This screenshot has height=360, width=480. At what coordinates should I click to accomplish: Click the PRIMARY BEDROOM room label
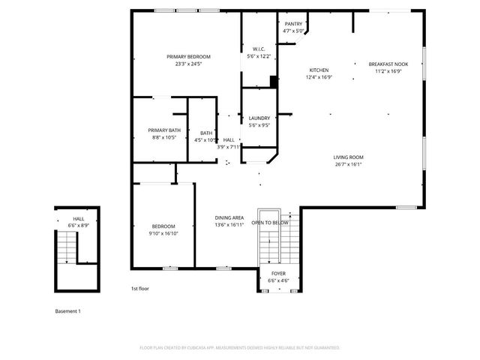[188, 57]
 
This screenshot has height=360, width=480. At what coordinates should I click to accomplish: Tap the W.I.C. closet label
[258, 49]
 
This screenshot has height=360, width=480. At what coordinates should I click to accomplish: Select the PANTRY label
[293, 24]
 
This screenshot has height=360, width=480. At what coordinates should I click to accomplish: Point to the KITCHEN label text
[319, 70]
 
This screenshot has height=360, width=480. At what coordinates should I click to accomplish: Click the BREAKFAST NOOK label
[388, 64]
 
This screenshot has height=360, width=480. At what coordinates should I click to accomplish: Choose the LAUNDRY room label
[259, 118]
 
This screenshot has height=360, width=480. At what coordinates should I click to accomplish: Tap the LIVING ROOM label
[349, 157]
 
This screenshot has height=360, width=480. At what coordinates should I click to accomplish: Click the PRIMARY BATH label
[163, 130]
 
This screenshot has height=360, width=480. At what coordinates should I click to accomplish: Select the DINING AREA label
[229, 217]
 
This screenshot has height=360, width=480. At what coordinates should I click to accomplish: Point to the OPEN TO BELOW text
[270, 223]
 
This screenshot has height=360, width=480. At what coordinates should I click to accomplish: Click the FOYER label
[278, 274]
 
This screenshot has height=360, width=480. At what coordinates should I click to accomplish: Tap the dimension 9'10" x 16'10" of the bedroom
[163, 233]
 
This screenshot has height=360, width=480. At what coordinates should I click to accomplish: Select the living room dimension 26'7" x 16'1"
[349, 164]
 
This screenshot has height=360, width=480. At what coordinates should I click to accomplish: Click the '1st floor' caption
[140, 288]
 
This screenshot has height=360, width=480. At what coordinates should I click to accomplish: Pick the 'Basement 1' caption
[67, 310]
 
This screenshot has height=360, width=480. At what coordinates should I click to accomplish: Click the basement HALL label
[79, 219]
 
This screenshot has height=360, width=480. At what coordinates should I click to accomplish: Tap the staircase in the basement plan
[67, 247]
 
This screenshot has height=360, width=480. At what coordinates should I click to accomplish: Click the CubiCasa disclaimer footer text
[240, 348]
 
